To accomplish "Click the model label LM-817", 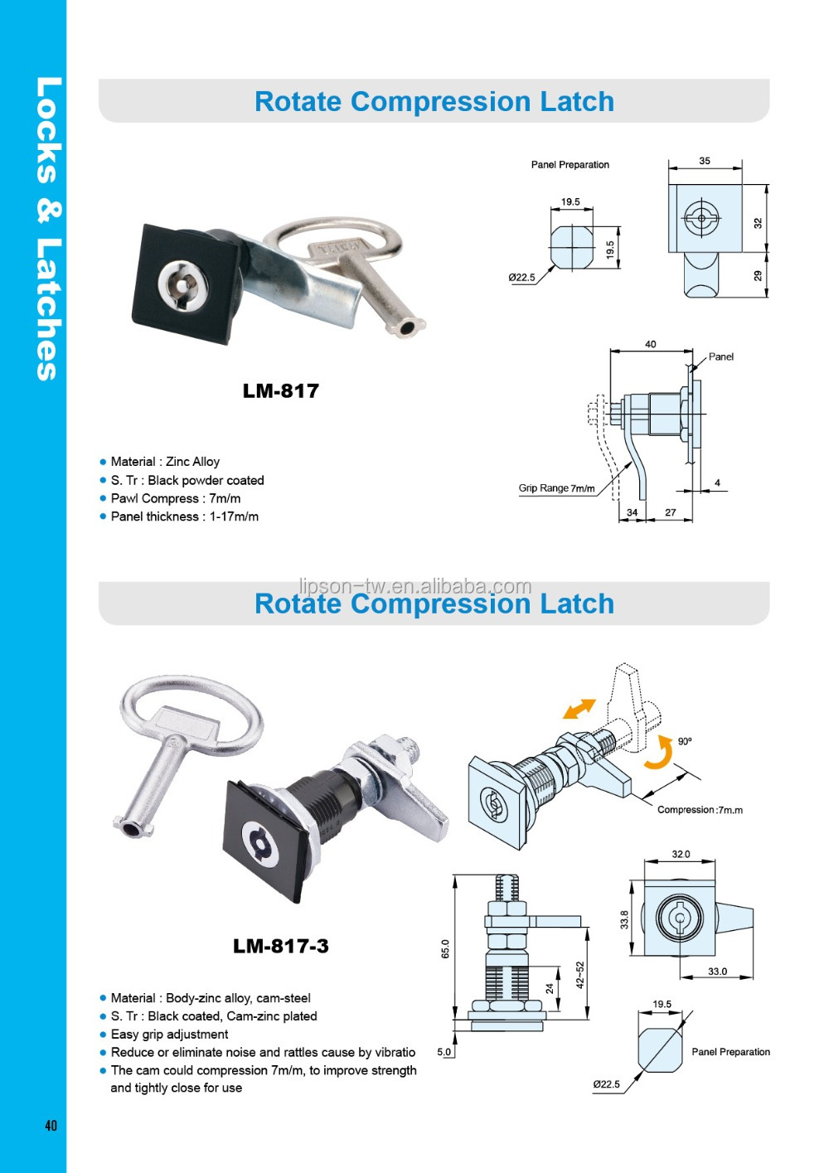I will (x=280, y=390).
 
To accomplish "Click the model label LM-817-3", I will (x=280, y=946).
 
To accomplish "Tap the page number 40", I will (x=51, y=1125).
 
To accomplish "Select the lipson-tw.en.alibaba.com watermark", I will (x=414, y=586).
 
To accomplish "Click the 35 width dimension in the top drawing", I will (x=705, y=161).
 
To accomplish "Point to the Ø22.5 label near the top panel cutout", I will (x=521, y=278).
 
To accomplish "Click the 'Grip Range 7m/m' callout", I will (x=556, y=488).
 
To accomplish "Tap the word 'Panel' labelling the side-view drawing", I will (x=720, y=356).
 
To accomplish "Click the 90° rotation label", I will (x=685, y=741).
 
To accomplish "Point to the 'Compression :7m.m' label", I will (x=700, y=810).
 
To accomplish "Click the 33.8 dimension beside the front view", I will (x=624, y=919).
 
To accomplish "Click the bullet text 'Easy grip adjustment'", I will (x=169, y=1034).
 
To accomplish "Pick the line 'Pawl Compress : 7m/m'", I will (x=175, y=498).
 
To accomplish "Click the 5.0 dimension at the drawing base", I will (x=444, y=1052).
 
